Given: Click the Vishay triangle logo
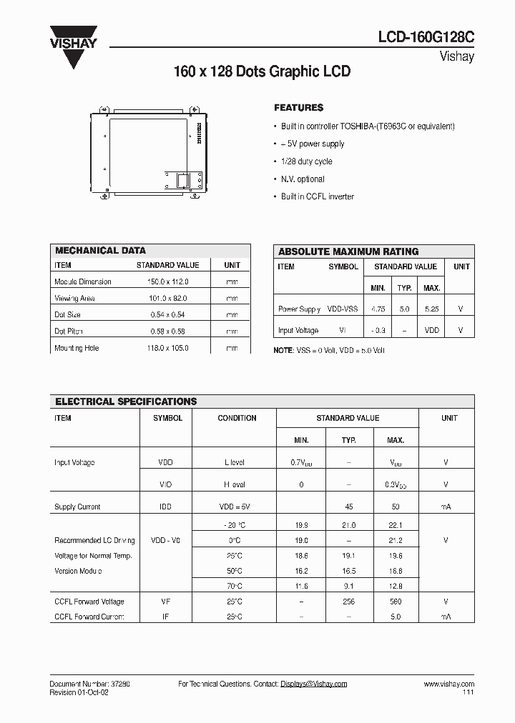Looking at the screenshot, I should point(73,47).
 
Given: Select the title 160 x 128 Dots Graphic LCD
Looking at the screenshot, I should point(263,72).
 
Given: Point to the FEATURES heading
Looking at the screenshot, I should point(298,107).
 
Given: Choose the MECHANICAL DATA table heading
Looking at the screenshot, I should point(100,251).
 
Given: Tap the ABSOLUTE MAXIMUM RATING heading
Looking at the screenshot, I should point(348,251).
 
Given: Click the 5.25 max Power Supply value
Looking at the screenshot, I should point(431,309).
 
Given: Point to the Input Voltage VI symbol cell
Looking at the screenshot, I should point(343,331).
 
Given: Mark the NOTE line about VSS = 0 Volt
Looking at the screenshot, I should point(329,351).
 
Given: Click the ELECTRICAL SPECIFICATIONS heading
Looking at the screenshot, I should point(126,402).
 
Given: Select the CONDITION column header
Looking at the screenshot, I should point(237,418).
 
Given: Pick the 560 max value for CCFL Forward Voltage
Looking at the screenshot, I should point(396,602).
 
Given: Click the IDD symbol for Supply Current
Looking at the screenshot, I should point(166,507).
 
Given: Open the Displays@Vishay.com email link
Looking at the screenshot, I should point(313,684).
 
